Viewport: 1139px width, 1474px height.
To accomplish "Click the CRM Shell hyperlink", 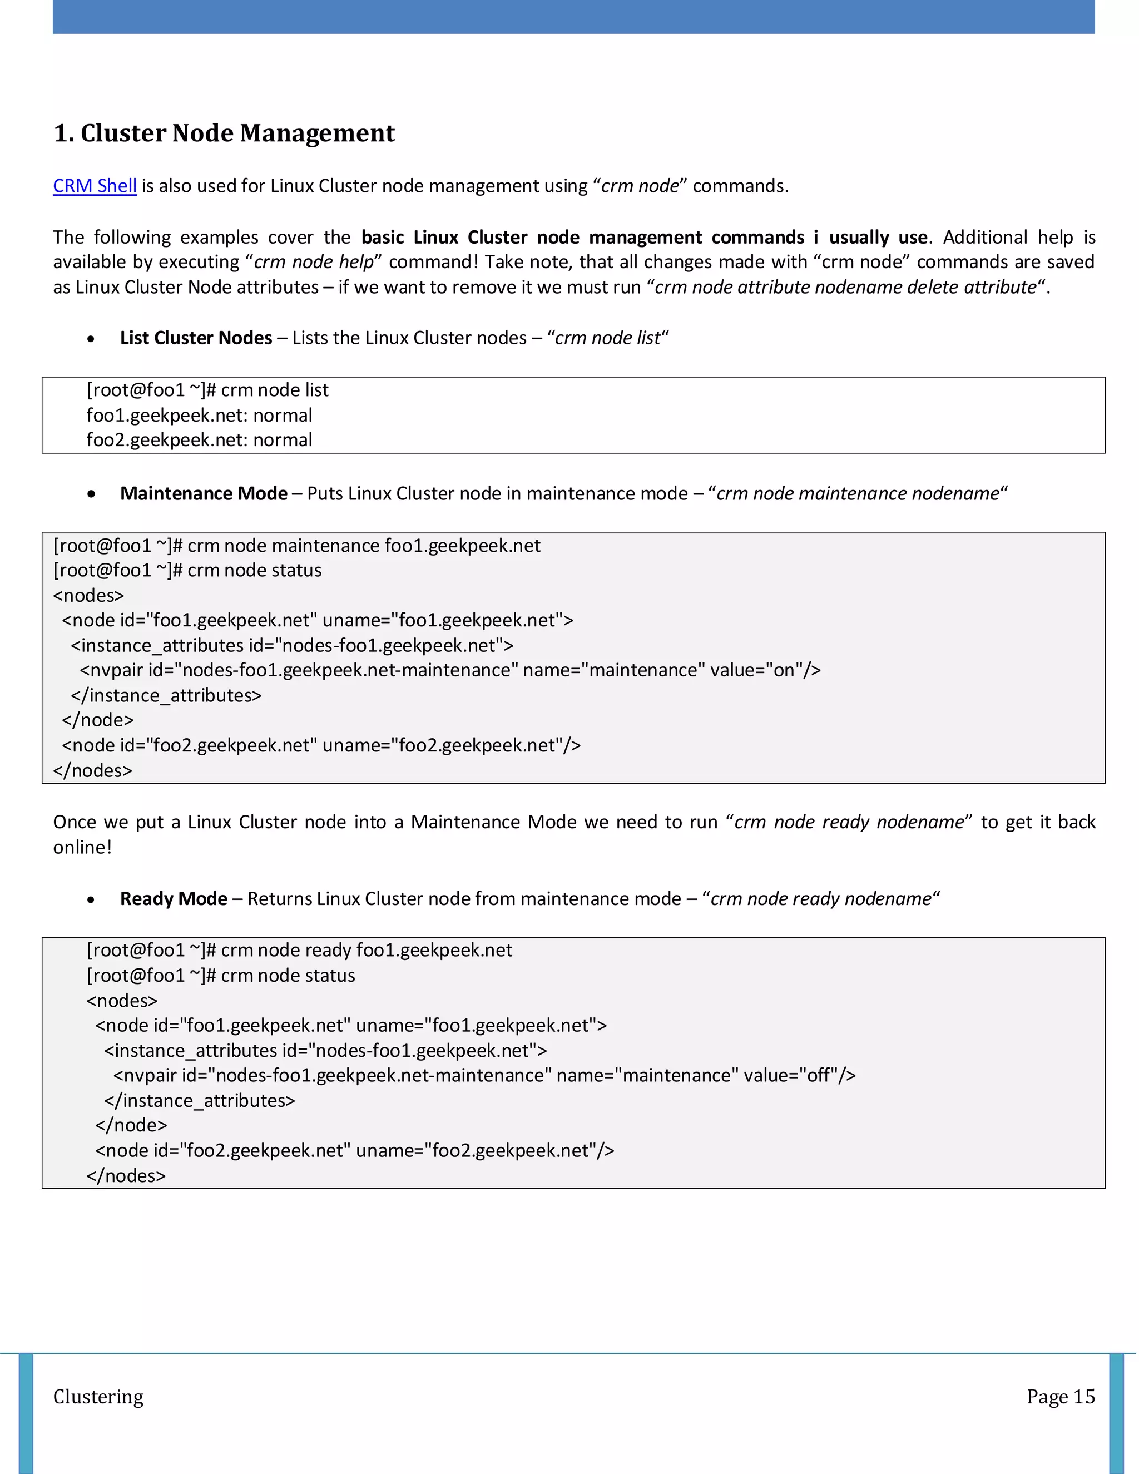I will (x=95, y=186).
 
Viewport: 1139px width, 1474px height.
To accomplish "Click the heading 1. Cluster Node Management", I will (x=224, y=133).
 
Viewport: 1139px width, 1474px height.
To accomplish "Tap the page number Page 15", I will (x=1060, y=1396).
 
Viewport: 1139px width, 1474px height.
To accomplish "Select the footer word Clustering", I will (x=98, y=1396).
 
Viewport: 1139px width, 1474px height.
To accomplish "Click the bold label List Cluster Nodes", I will (x=196, y=338).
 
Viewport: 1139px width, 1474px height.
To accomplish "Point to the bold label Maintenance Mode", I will (x=204, y=493).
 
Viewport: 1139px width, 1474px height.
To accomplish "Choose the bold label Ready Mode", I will (x=174, y=899).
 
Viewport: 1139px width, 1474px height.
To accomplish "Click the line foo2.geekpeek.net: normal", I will (x=199, y=440).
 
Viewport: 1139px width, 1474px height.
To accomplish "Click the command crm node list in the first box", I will (x=275, y=390).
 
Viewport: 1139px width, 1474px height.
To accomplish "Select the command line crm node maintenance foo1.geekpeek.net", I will (x=364, y=545).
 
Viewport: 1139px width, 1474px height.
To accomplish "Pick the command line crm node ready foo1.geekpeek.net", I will (x=367, y=950).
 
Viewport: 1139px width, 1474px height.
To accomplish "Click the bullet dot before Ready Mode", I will (x=91, y=899).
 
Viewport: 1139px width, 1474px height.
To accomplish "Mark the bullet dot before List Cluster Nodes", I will (x=91, y=339).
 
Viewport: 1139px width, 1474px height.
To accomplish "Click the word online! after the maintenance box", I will (x=82, y=847).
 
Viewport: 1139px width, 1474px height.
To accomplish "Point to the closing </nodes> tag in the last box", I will (x=126, y=1176).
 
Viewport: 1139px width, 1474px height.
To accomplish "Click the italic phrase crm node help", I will (x=314, y=262).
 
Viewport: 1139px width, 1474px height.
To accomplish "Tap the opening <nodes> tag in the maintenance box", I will (x=88, y=595).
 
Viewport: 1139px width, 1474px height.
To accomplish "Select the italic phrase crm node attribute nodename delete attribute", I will (x=845, y=288).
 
